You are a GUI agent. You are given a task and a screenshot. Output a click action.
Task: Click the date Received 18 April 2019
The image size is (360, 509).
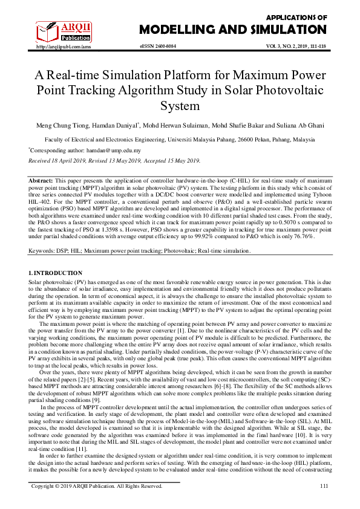tap(57, 161)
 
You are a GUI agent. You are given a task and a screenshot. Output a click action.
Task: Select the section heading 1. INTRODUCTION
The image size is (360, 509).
tap(56, 274)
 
